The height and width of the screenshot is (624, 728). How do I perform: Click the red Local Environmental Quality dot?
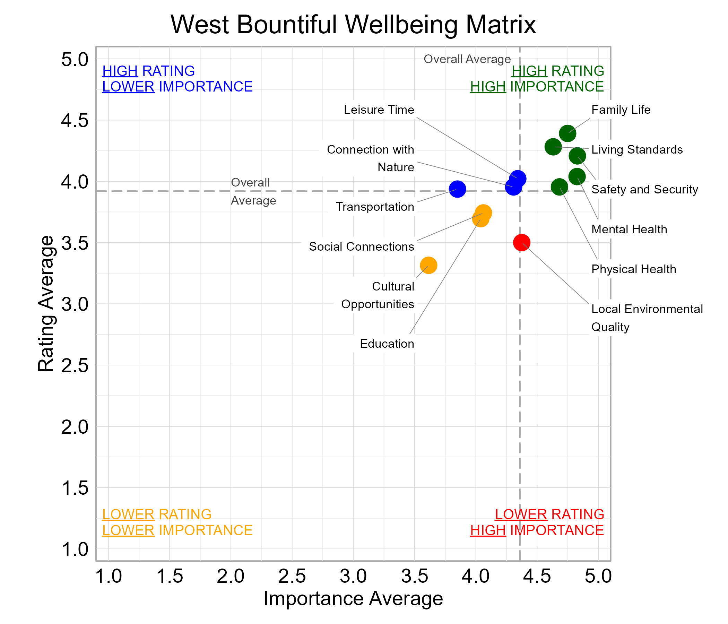click(x=521, y=242)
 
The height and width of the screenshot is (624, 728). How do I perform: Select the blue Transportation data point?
click(x=457, y=189)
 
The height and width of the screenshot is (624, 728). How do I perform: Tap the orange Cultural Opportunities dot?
click(x=428, y=265)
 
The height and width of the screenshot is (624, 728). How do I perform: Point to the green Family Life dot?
click(x=567, y=133)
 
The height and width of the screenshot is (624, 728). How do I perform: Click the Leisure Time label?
click(x=379, y=110)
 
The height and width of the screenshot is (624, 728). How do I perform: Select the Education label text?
click(x=387, y=344)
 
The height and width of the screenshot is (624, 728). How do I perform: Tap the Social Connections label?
click(x=361, y=246)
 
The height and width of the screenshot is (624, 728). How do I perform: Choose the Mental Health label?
click(x=629, y=229)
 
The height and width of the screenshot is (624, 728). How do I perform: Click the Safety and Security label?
click(x=644, y=189)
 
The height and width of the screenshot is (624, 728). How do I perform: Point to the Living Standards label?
click(x=636, y=150)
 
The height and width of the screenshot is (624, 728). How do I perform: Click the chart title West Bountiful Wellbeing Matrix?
click(x=353, y=25)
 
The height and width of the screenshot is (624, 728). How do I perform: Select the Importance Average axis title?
click(x=353, y=599)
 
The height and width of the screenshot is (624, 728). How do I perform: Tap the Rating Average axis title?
click(x=46, y=304)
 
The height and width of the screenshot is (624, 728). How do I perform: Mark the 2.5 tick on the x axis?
click(x=292, y=577)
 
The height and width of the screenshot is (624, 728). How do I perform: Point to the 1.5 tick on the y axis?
click(x=75, y=488)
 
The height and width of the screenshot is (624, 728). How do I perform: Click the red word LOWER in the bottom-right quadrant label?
click(x=521, y=514)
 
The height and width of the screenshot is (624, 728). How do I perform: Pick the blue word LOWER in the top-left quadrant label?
click(x=128, y=87)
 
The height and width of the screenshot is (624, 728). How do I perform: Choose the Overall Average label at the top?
click(x=467, y=59)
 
